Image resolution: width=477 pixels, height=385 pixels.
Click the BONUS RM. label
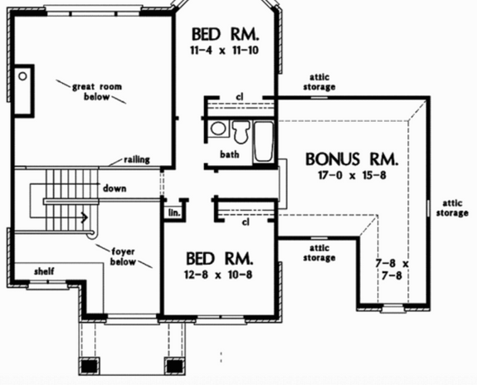[x=352, y=158]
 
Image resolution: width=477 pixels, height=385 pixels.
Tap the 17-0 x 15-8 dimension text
[x=352, y=175]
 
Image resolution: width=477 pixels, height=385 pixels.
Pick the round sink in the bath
[x=219, y=129]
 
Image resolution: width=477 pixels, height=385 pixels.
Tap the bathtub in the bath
[x=263, y=141]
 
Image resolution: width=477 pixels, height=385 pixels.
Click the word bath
[x=230, y=154]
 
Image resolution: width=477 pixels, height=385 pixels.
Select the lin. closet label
[x=174, y=213]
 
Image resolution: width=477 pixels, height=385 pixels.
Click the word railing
[x=137, y=159]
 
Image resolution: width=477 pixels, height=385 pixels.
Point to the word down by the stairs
[x=114, y=188]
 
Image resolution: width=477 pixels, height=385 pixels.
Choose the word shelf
[x=44, y=271]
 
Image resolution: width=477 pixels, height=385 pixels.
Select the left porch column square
[x=90, y=364]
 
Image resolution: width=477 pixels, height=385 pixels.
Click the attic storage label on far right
[x=452, y=207]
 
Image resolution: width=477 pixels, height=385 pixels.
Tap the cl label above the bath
[x=239, y=96]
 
